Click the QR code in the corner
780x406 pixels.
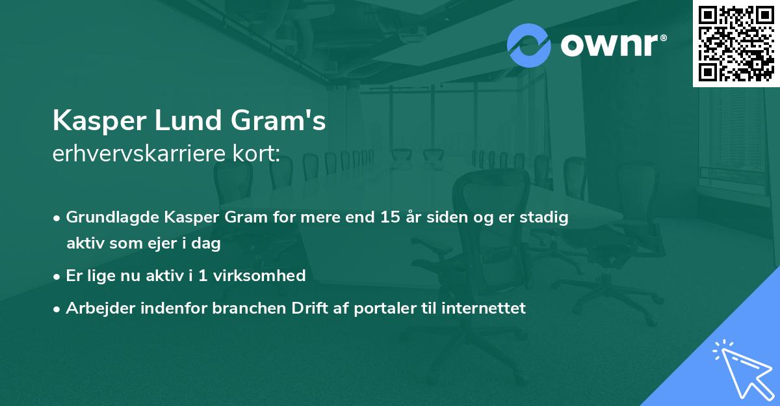coord(736,44)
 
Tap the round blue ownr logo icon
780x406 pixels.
coord(529,45)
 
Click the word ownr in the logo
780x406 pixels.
coord(610,46)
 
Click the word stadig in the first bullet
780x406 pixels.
coord(546,217)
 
